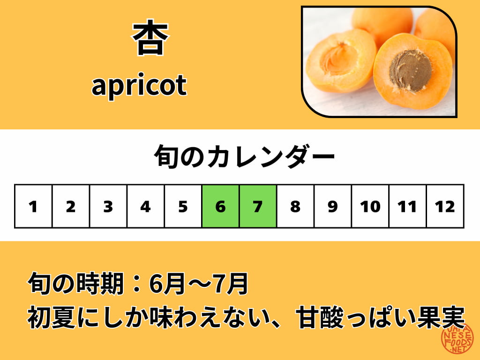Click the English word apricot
[139, 85]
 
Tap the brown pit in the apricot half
[411, 70]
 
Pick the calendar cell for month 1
[33, 206]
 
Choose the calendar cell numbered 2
[71, 206]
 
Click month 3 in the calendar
[108, 206]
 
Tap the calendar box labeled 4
[146, 206]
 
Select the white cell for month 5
[183, 206]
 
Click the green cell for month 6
[220, 206]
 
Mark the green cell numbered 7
[258, 206]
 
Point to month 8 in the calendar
[295, 206]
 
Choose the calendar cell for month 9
[333, 206]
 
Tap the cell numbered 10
[370, 206]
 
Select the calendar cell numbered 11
[407, 206]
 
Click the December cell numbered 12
[445, 206]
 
